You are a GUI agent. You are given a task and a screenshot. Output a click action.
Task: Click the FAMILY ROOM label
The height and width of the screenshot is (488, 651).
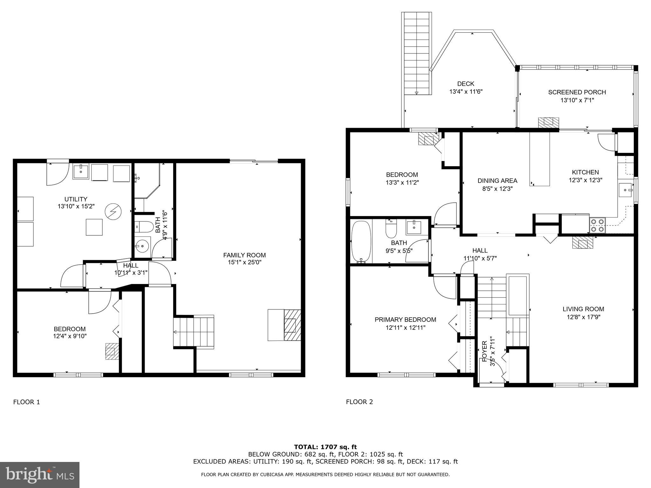tap(244, 255)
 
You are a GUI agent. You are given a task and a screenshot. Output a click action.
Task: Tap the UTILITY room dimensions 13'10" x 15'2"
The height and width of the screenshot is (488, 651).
tap(76, 206)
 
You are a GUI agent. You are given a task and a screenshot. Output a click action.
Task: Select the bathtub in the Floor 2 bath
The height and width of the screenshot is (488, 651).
tap(361, 241)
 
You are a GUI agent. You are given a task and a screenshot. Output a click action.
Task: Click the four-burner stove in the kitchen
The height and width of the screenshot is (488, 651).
tap(597, 225)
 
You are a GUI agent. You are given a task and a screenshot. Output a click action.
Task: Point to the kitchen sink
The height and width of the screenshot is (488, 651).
tap(626, 190)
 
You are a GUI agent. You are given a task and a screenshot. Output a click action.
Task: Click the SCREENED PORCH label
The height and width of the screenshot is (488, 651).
tap(577, 92)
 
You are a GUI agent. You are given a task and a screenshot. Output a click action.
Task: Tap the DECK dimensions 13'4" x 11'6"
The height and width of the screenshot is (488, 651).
tap(466, 92)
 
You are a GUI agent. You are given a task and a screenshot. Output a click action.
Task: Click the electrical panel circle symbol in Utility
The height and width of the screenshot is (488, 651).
tap(113, 211)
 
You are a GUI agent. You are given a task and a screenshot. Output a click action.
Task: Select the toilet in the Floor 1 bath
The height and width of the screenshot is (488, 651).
tap(142, 227)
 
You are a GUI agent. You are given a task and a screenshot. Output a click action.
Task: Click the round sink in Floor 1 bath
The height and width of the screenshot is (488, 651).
tap(142, 246)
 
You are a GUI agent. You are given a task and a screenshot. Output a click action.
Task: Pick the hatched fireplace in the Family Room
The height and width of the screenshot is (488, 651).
tap(292, 325)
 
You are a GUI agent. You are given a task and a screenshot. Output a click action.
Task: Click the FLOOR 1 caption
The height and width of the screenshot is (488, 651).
tap(26, 402)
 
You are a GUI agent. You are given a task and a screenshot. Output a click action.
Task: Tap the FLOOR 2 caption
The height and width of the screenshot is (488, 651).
tap(359, 402)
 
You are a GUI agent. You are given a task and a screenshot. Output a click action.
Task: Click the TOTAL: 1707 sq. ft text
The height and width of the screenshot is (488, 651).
tap(325, 447)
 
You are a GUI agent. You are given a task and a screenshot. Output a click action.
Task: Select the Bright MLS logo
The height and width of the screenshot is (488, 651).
tap(40, 475)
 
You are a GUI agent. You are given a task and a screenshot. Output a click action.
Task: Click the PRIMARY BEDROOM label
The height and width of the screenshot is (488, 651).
tap(405, 320)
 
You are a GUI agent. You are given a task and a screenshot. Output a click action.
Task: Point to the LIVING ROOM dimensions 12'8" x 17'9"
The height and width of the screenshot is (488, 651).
tap(583, 317)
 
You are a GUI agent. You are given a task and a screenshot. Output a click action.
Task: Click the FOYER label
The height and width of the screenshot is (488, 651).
tap(484, 351)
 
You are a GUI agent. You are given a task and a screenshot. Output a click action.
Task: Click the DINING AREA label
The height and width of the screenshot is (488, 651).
tap(497, 180)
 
